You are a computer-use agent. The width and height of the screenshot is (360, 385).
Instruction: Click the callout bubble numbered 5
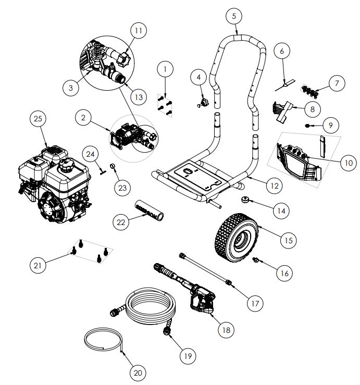point(234,16)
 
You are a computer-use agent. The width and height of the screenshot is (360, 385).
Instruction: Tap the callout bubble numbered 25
point(37,120)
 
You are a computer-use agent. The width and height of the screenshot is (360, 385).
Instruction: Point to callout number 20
point(138,372)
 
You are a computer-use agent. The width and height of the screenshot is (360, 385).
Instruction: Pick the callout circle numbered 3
point(71,88)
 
